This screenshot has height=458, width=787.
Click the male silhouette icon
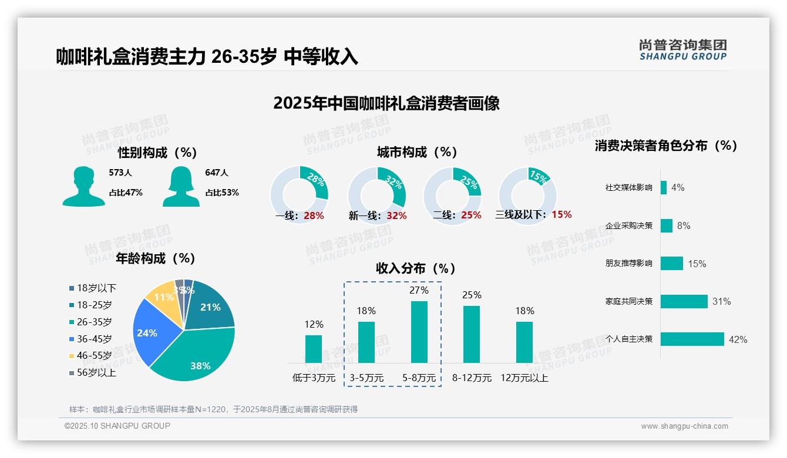pos(83,187)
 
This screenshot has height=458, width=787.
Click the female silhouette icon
pos(181,187)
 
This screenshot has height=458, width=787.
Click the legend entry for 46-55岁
pos(92,356)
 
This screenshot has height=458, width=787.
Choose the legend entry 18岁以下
pos(93,288)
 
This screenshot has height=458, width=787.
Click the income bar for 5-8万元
pos(419,332)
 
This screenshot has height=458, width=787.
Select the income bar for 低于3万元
pos(314,349)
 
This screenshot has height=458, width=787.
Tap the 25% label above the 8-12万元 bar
pos(472,295)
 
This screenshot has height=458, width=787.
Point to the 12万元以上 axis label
pos(524,378)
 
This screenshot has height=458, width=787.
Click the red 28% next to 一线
pos(314,215)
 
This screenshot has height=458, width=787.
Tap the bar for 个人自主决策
pos(692,339)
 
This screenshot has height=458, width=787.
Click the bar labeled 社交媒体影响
pos(664,187)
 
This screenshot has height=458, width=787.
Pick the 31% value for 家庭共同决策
pos(721,301)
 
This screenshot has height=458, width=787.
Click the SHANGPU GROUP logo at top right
pos(682,50)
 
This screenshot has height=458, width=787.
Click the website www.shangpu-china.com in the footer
pos(684,426)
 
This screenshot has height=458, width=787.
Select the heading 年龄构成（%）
pos(155,258)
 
